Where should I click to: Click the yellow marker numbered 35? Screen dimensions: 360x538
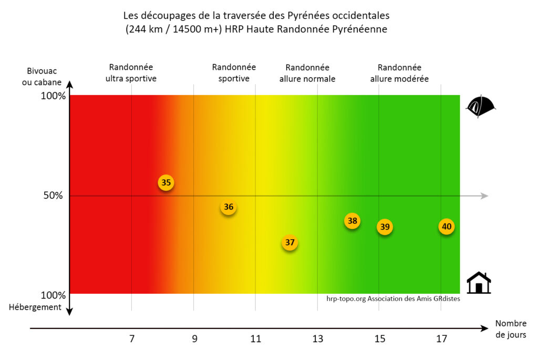pyautogui.click(x=166, y=183)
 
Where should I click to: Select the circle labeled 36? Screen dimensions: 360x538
pyautogui.click(x=229, y=207)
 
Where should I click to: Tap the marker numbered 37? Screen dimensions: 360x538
pyautogui.click(x=289, y=243)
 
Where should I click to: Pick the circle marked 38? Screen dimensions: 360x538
pyautogui.click(x=352, y=221)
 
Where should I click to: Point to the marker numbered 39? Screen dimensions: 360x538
pyautogui.click(x=385, y=227)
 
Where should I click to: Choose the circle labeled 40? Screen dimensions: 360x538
pyautogui.click(x=447, y=227)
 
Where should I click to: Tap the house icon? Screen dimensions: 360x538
pyautogui.click(x=479, y=283)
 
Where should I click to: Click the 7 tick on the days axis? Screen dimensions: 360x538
pyautogui.click(x=131, y=340)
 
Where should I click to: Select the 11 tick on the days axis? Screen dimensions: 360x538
pyautogui.click(x=255, y=340)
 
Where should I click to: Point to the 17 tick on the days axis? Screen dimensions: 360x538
pyautogui.click(x=441, y=340)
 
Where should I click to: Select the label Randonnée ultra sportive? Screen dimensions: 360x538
pyautogui.click(x=131, y=73)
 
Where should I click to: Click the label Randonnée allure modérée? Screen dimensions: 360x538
pyautogui.click(x=399, y=73)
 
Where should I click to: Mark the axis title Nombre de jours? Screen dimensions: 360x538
pyautogui.click(x=510, y=329)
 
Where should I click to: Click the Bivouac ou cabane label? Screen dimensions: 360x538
pyautogui.click(x=42, y=76)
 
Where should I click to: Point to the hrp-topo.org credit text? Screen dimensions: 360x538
pyautogui.click(x=392, y=299)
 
